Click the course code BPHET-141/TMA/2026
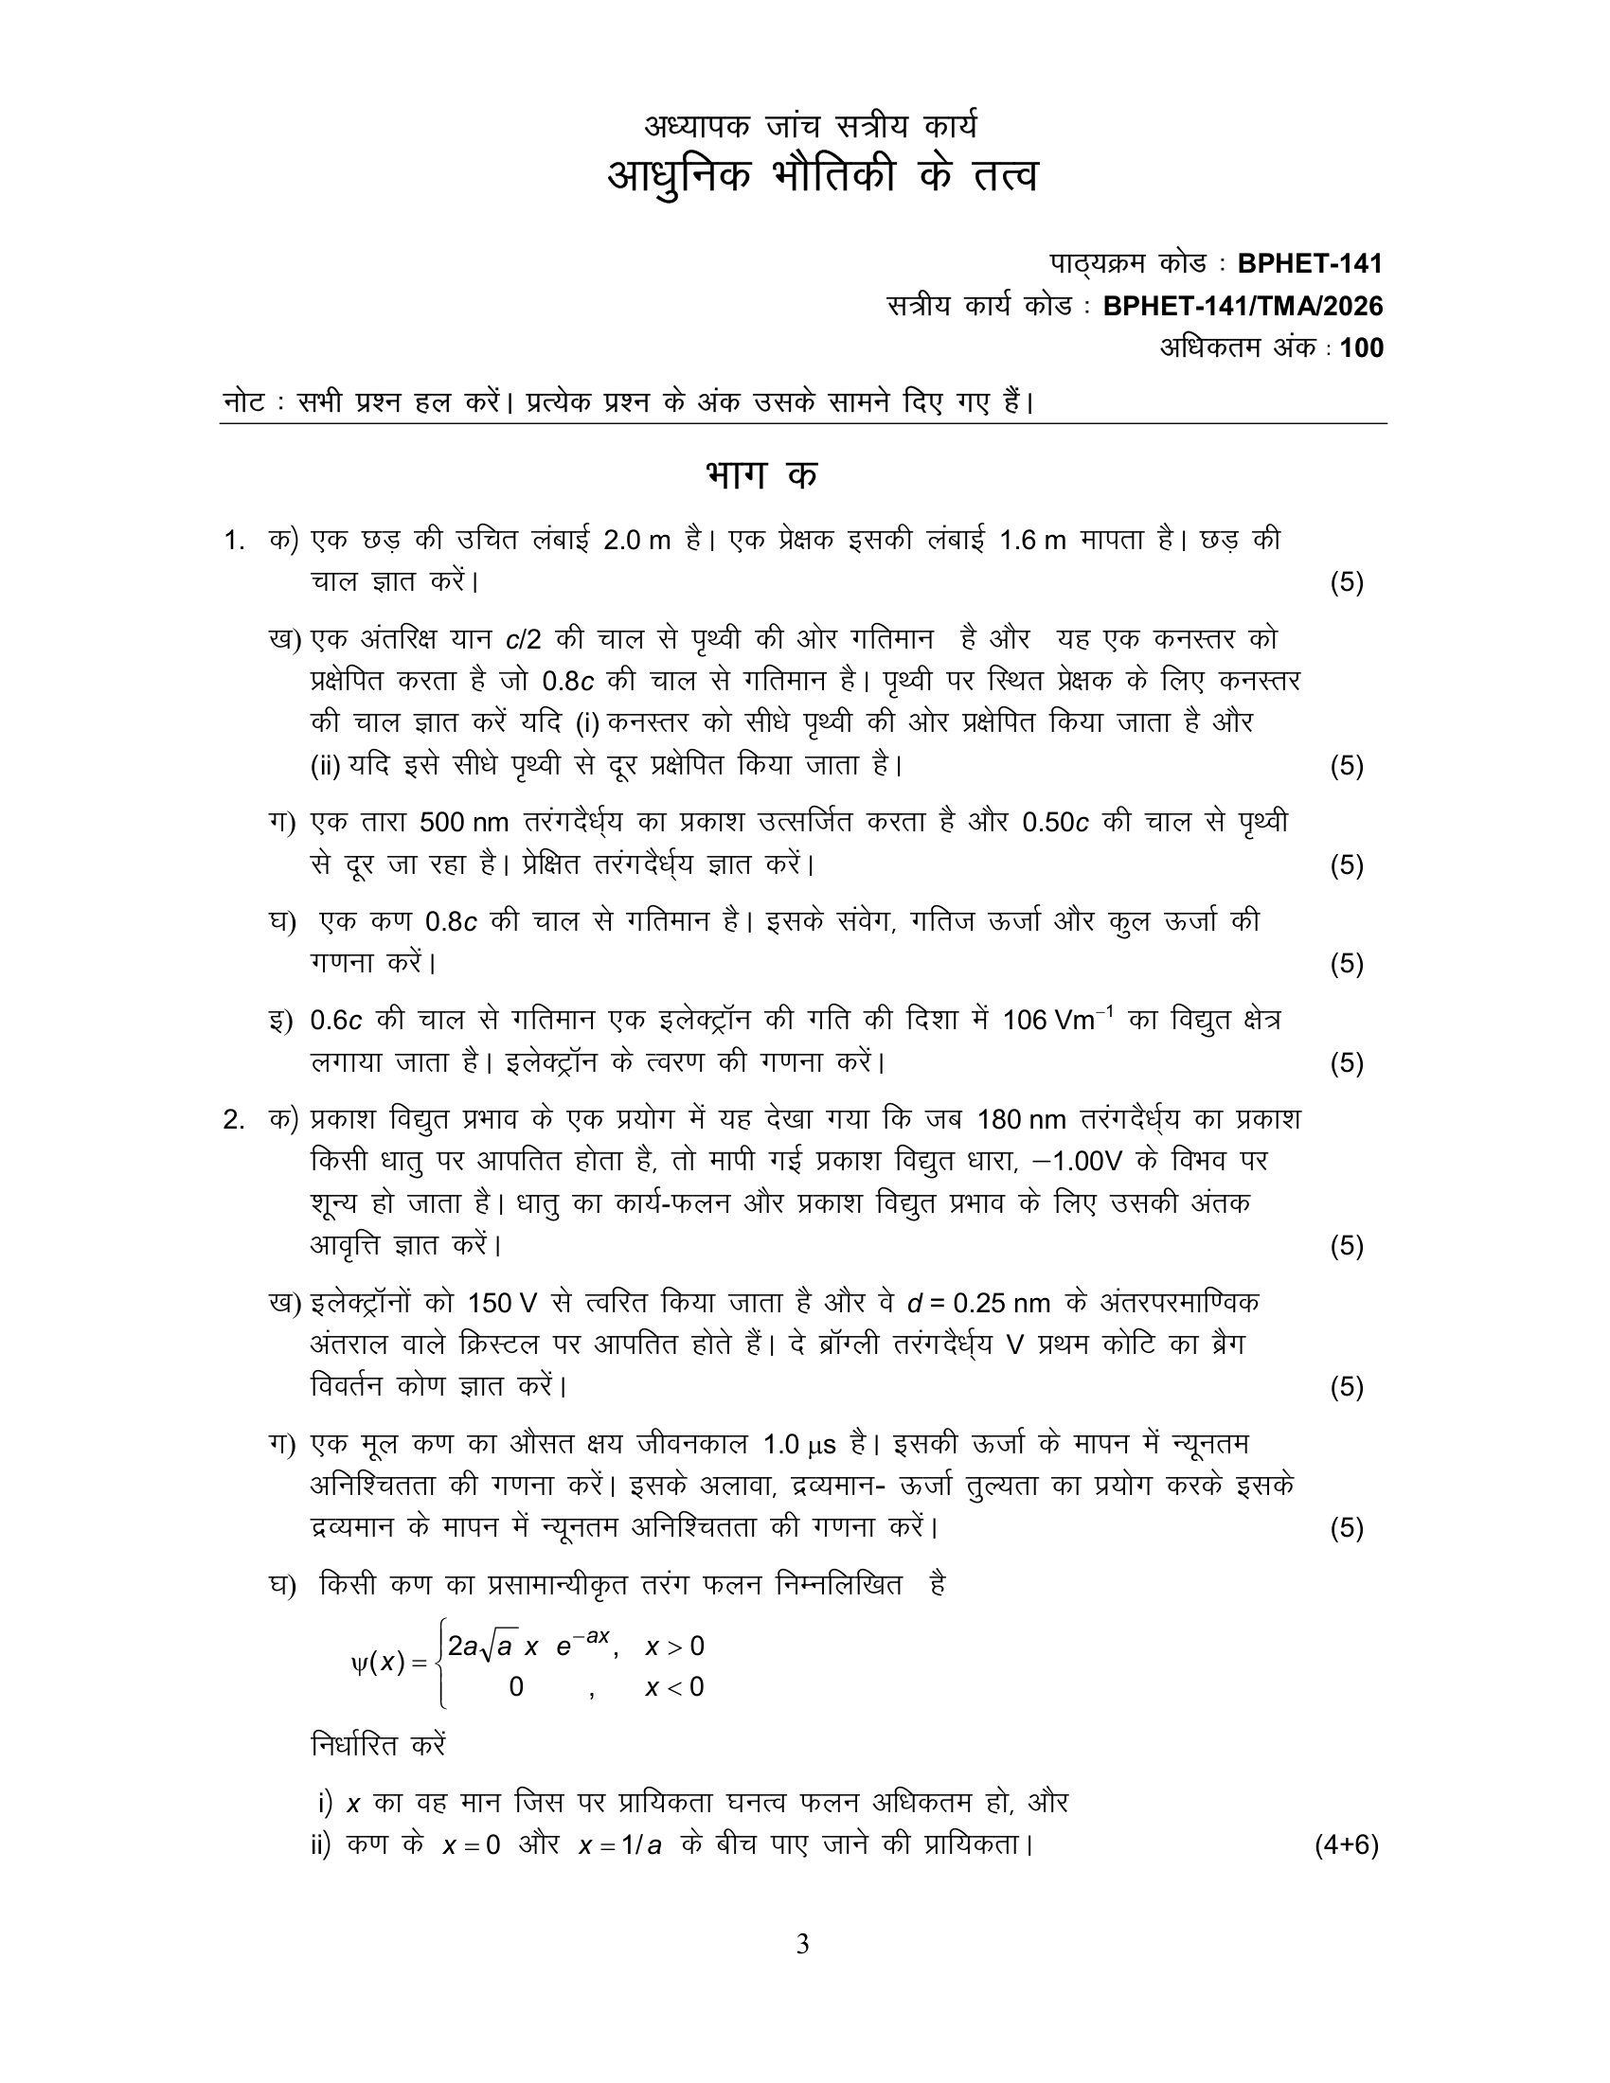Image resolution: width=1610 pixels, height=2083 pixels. [1242, 306]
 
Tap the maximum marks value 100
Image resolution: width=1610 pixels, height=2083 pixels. [1361, 348]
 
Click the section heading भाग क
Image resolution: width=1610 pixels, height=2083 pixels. [761, 475]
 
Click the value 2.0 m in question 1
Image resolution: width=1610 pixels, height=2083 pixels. [637, 541]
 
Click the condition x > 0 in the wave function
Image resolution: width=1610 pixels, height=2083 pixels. [674, 1647]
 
